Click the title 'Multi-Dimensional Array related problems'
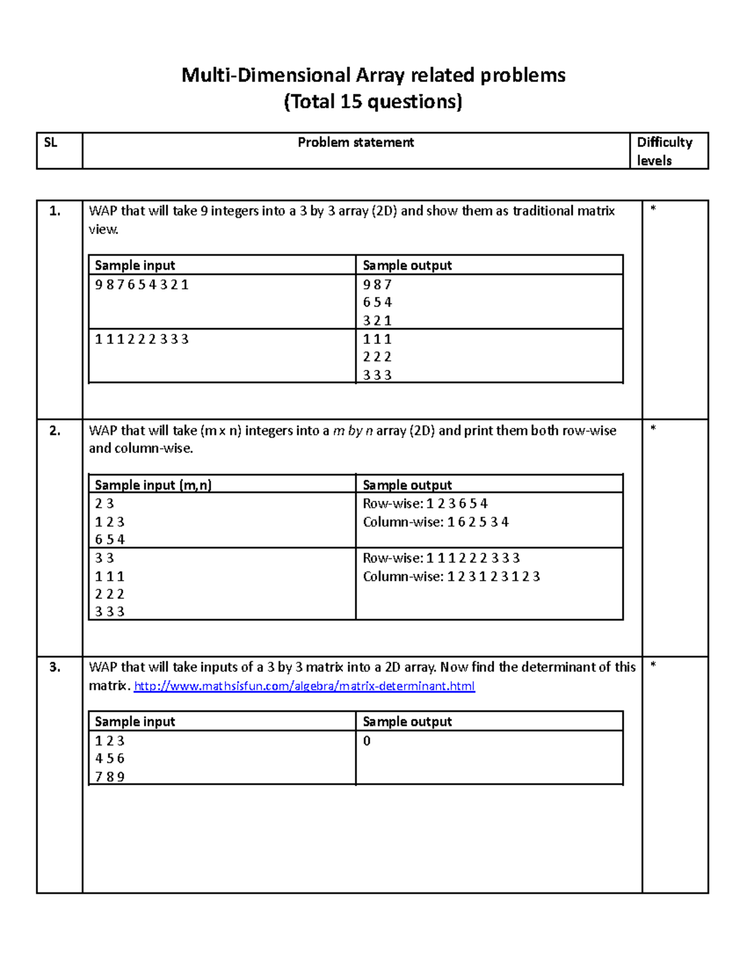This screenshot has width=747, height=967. (x=373, y=75)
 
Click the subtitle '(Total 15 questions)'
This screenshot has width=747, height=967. (x=373, y=101)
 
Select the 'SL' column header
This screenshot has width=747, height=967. (x=50, y=143)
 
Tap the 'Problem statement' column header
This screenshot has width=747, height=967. (x=355, y=143)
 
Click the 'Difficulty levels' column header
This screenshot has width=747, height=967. (x=664, y=151)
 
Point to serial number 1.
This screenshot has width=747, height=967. (x=55, y=211)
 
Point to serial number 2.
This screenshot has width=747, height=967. (x=55, y=431)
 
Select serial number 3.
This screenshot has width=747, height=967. (x=55, y=667)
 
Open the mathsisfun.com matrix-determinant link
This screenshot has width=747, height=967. (x=304, y=686)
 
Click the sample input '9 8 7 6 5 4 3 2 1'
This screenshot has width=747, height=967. (x=141, y=285)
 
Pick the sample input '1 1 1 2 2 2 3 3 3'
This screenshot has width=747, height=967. (x=141, y=339)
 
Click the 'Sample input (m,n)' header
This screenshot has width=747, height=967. (x=153, y=485)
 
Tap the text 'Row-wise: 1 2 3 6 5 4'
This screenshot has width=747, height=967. (x=425, y=504)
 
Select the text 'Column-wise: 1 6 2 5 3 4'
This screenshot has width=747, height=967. (x=436, y=522)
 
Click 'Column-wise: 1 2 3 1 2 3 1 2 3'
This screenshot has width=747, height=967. (x=451, y=577)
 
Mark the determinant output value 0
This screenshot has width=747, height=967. (x=367, y=741)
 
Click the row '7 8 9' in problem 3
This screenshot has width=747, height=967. (x=110, y=777)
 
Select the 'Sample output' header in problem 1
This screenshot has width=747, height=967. (x=407, y=266)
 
